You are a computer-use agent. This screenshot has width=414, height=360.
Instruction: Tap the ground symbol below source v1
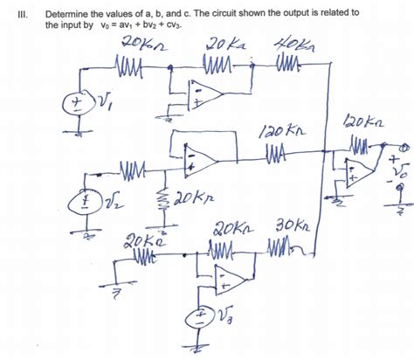pyautogui.click(x=78, y=133)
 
